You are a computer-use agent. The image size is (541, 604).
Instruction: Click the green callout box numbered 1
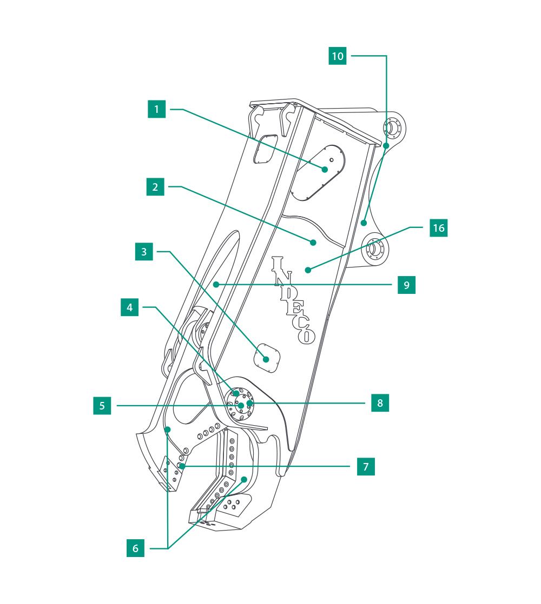click(157, 110)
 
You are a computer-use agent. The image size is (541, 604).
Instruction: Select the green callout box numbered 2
click(155, 187)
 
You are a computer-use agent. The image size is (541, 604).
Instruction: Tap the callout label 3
click(144, 251)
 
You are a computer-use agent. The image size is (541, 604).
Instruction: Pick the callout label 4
click(130, 307)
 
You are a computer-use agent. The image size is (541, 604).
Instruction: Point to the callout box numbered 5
click(102, 406)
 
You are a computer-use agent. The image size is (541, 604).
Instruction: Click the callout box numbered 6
click(136, 548)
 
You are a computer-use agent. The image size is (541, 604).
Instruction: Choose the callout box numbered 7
click(366, 467)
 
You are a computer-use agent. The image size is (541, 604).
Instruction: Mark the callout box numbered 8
click(380, 402)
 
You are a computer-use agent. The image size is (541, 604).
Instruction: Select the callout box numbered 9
click(407, 284)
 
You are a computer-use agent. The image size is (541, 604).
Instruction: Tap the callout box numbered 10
click(338, 56)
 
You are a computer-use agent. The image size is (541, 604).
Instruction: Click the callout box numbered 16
click(439, 228)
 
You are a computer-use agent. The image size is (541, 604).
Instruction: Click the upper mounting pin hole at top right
click(390, 127)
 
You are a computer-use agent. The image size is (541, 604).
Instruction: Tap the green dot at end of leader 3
click(266, 359)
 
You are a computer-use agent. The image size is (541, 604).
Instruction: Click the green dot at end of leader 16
click(307, 269)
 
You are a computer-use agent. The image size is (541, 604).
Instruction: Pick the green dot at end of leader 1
click(325, 169)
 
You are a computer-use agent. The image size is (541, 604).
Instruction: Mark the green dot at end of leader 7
click(183, 466)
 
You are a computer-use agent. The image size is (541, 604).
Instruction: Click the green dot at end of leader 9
click(215, 284)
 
